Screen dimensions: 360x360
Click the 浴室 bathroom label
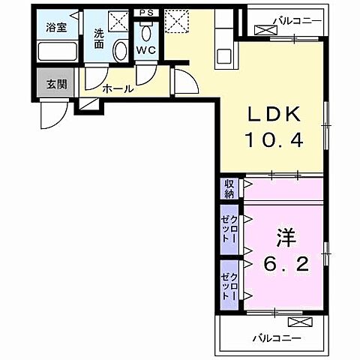[x=55, y=28]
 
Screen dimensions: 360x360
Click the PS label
[x=145, y=13]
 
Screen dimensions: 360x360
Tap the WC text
[x=145, y=51]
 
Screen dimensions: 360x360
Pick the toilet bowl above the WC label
[x=145, y=32]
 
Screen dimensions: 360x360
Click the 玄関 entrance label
[x=55, y=83]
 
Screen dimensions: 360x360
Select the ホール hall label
[x=118, y=88]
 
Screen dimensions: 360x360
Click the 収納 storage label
[x=229, y=187]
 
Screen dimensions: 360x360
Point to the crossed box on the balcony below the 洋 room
[x=298, y=322]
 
